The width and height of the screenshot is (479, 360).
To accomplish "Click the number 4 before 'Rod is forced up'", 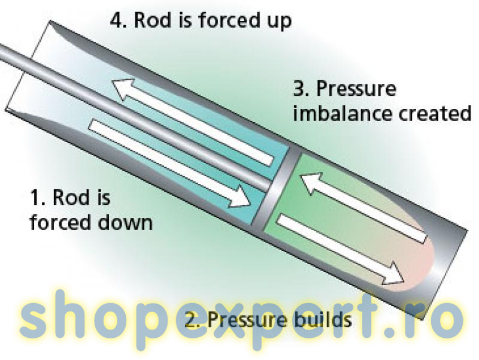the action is pos(117,20).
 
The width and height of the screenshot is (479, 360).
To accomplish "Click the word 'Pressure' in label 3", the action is pos(356,89).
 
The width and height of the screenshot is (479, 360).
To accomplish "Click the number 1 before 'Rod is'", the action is pos(37,197).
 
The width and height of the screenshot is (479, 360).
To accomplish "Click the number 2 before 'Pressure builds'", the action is pos(192,320).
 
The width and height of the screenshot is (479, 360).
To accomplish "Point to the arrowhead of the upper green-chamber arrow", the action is pos(311,182).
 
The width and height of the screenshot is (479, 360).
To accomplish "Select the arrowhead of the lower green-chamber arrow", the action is pos(393,271).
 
